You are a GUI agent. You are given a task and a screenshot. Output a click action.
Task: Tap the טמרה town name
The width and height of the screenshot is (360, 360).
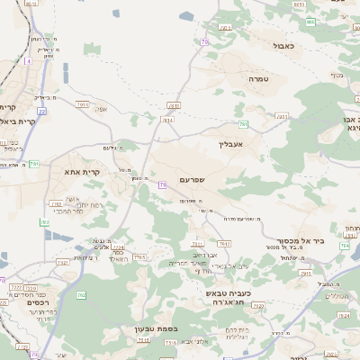pos(260,79)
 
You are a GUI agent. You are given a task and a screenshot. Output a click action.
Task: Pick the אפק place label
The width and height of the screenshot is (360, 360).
pos(100,110)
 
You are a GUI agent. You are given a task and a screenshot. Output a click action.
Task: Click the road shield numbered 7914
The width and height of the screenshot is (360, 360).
pos(83,105)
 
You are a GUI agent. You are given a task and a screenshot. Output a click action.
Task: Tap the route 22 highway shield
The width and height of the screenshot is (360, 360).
pos(41,112)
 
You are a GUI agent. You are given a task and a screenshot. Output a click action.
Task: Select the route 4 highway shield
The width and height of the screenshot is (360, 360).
pos(28,61)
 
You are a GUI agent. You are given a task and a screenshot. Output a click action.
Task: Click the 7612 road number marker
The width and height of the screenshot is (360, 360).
pos(224,244)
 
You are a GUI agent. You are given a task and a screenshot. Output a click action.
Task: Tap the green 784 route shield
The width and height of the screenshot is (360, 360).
pos(345,247)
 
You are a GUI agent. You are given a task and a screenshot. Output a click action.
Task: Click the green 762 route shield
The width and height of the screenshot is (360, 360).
pos(81,294)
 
